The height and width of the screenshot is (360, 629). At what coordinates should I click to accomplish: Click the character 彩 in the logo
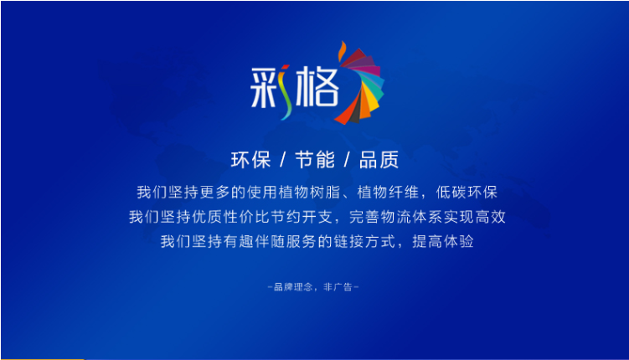[270, 86]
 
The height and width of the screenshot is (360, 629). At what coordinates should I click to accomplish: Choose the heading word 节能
[315, 159]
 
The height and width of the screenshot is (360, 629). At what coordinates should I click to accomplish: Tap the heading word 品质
[379, 159]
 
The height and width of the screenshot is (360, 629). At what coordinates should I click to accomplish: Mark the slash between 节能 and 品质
[347, 159]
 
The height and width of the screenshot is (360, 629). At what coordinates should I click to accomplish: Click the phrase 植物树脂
[313, 191]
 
